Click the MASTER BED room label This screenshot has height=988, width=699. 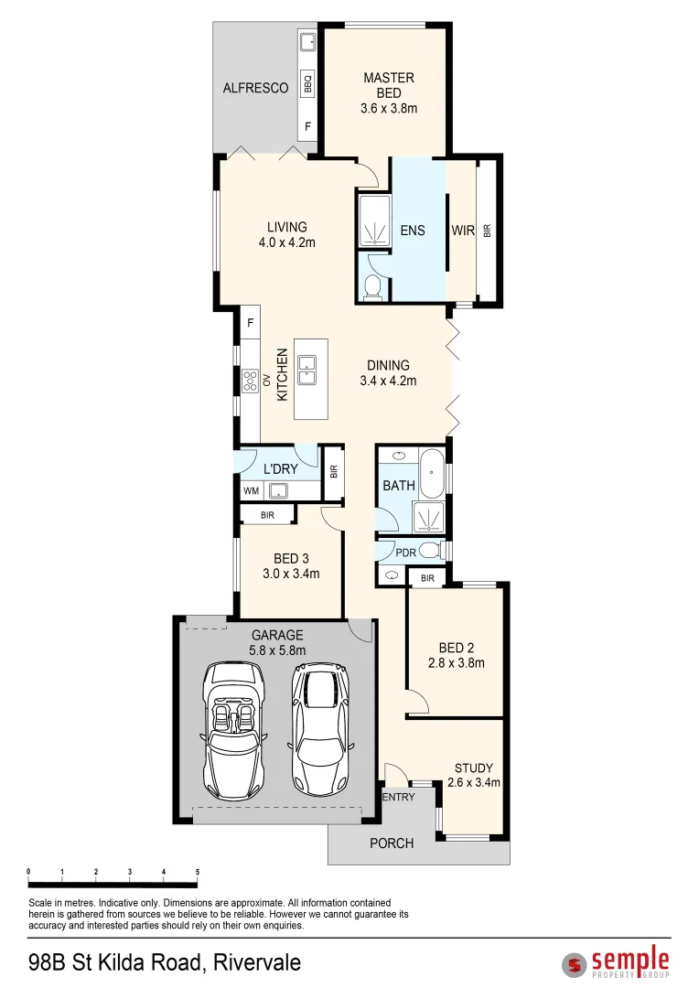(389, 79)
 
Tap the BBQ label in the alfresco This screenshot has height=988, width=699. (308, 83)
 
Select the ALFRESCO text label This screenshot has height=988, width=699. (255, 89)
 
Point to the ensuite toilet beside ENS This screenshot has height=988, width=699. (372, 286)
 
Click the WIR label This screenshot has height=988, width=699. (463, 231)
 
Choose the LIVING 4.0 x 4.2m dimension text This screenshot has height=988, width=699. (286, 242)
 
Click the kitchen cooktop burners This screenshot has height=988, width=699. (249, 379)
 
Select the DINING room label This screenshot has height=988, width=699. (388, 365)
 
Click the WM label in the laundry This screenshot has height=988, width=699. (251, 491)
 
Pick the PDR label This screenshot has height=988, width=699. (405, 553)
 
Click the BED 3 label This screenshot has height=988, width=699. (291, 559)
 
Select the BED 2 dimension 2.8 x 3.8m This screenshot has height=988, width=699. (456, 663)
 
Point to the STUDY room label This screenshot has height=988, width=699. (474, 768)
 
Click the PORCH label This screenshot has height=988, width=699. (392, 843)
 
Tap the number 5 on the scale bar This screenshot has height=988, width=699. (198, 872)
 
